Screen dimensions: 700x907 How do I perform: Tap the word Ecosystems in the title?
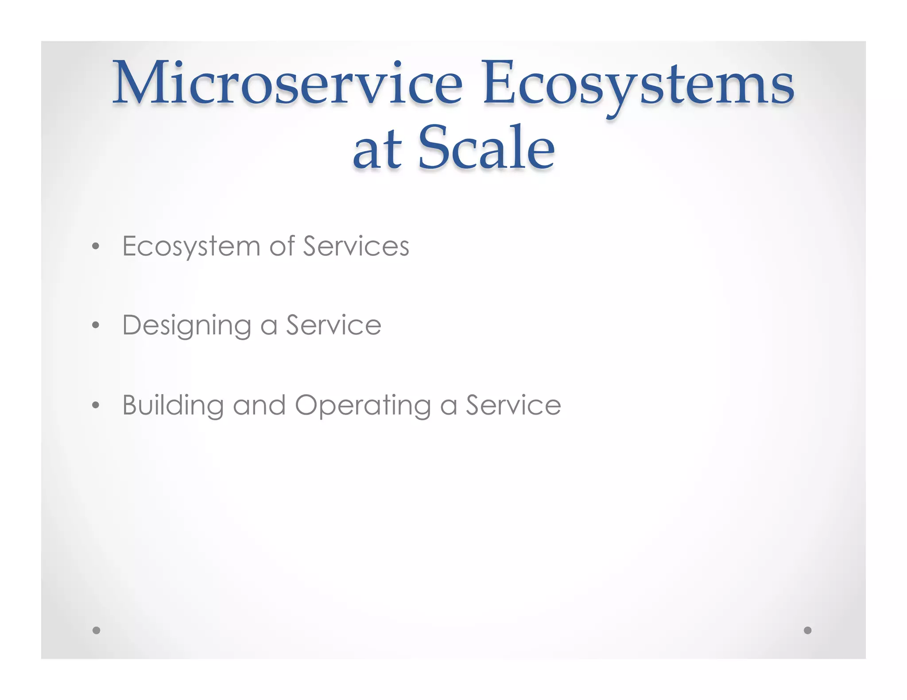click(x=638, y=84)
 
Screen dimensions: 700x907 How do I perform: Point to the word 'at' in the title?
click(x=377, y=150)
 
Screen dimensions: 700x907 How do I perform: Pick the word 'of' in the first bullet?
click(x=282, y=246)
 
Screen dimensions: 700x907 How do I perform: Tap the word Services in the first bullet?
click(x=356, y=246)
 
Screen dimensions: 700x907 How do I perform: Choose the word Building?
click(x=173, y=406)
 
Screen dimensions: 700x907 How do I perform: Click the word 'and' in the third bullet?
click(x=259, y=405)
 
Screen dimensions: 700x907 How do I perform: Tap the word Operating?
click(x=363, y=406)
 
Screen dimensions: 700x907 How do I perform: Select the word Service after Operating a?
click(x=513, y=405)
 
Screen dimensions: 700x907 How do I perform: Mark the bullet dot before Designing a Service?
click(x=96, y=326)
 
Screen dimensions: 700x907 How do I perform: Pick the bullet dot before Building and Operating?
click(x=96, y=405)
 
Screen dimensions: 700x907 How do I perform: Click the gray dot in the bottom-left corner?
click(x=96, y=630)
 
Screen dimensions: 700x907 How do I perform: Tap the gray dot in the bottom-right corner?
click(x=807, y=630)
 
